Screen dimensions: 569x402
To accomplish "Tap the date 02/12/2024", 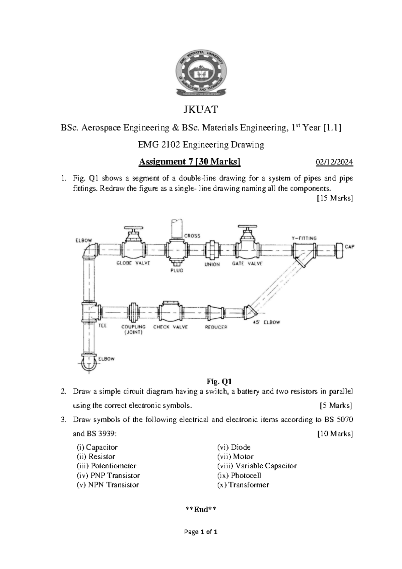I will pyautogui.click(x=334, y=162).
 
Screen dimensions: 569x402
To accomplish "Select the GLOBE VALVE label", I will pyautogui.click(x=133, y=263).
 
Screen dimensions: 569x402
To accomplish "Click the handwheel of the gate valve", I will pyautogui.click(x=247, y=226).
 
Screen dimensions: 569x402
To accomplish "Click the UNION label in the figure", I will pyautogui.click(x=212, y=264).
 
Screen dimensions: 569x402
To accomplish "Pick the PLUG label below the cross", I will pyautogui.click(x=177, y=270).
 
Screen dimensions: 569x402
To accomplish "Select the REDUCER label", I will pyautogui.click(x=216, y=327).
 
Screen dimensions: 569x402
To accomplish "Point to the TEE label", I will pyautogui.click(x=102, y=325).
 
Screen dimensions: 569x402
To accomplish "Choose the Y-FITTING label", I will pyautogui.click(x=304, y=238).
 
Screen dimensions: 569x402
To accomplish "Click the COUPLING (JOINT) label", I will pyautogui.click(x=133, y=329).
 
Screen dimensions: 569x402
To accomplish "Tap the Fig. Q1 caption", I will pyautogui.click(x=219, y=381).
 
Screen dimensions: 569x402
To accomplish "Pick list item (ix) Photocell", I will pyautogui.click(x=239, y=475).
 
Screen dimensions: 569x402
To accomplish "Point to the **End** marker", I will pyautogui.click(x=201, y=510).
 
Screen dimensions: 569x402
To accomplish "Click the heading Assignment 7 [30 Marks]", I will pyautogui.click(x=190, y=162).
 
